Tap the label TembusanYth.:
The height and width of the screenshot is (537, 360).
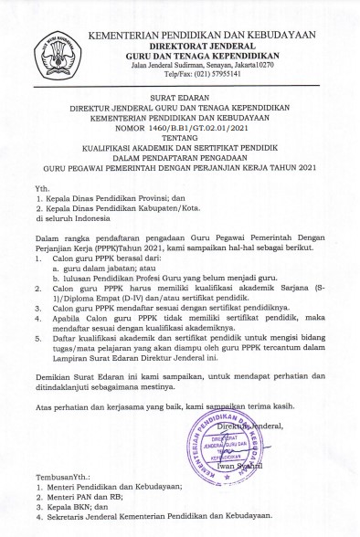[x=54, y=475]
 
